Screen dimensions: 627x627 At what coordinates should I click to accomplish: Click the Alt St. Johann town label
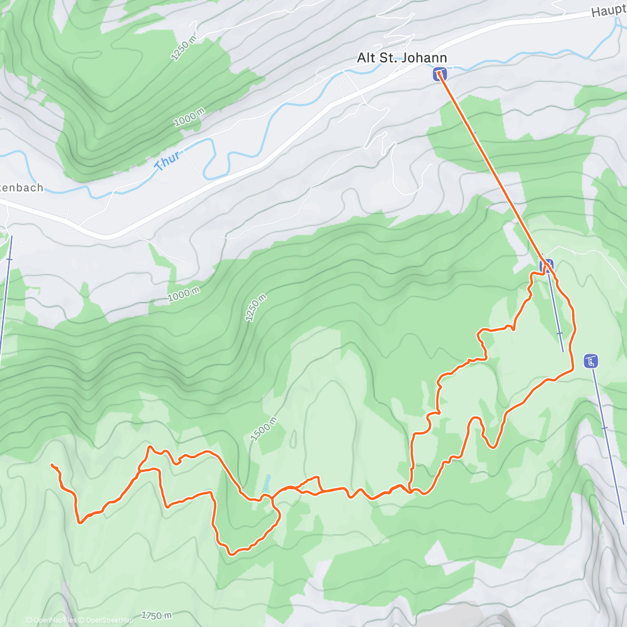(401, 57)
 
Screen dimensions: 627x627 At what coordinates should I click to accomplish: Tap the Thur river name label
(168, 160)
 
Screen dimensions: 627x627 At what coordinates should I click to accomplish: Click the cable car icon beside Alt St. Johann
(440, 75)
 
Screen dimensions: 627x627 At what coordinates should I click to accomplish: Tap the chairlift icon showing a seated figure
(591, 361)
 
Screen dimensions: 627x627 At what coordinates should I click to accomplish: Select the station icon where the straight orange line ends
(547, 266)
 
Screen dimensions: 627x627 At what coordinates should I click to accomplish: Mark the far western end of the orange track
(52, 464)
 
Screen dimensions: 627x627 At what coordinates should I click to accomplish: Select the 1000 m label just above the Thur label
(190, 119)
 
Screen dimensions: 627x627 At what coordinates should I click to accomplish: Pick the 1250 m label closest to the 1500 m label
(256, 308)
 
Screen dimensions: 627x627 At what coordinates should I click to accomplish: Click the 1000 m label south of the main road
(183, 295)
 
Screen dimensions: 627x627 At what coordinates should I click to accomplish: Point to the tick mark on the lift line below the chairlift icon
(605, 428)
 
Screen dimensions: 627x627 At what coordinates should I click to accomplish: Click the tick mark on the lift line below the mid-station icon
(559, 333)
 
